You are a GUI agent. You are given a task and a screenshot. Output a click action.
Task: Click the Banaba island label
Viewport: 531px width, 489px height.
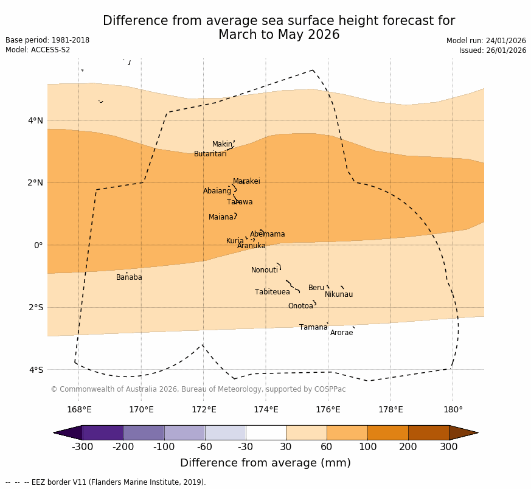(129, 277)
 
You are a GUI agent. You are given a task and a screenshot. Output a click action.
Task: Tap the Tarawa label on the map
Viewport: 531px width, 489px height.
(240, 202)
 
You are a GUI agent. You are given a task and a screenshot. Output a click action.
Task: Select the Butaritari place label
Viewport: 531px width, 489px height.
(210, 154)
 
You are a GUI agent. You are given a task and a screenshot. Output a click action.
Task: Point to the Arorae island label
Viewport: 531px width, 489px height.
(341, 333)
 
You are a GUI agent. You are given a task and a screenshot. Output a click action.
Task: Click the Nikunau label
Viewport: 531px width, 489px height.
(338, 294)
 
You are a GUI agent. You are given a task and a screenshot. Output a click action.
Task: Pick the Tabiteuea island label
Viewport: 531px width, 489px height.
(272, 292)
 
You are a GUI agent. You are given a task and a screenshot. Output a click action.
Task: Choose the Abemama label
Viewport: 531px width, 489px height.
(267, 234)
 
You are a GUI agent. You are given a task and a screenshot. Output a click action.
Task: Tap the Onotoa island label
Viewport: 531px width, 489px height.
(300, 306)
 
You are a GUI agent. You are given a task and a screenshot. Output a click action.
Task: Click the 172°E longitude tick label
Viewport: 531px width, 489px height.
(204, 409)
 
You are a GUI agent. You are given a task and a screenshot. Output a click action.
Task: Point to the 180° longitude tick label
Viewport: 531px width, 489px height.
(453, 409)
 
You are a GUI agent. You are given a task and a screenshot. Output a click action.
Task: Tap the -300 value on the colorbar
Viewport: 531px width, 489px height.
(82, 447)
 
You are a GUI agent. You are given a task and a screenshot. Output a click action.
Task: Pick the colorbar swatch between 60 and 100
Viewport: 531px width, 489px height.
(347, 432)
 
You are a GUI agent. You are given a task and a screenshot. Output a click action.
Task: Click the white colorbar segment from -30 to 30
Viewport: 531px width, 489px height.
(266, 432)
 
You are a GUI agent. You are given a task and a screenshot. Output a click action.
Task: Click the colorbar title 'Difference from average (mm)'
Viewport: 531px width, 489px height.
(265, 463)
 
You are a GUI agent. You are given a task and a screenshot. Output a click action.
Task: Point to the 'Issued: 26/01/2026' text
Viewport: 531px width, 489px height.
(493, 50)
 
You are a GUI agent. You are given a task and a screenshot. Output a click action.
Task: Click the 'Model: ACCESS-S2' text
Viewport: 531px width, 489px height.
(38, 50)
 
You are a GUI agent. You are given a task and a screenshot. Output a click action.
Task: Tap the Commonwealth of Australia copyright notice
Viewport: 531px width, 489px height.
(198, 389)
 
